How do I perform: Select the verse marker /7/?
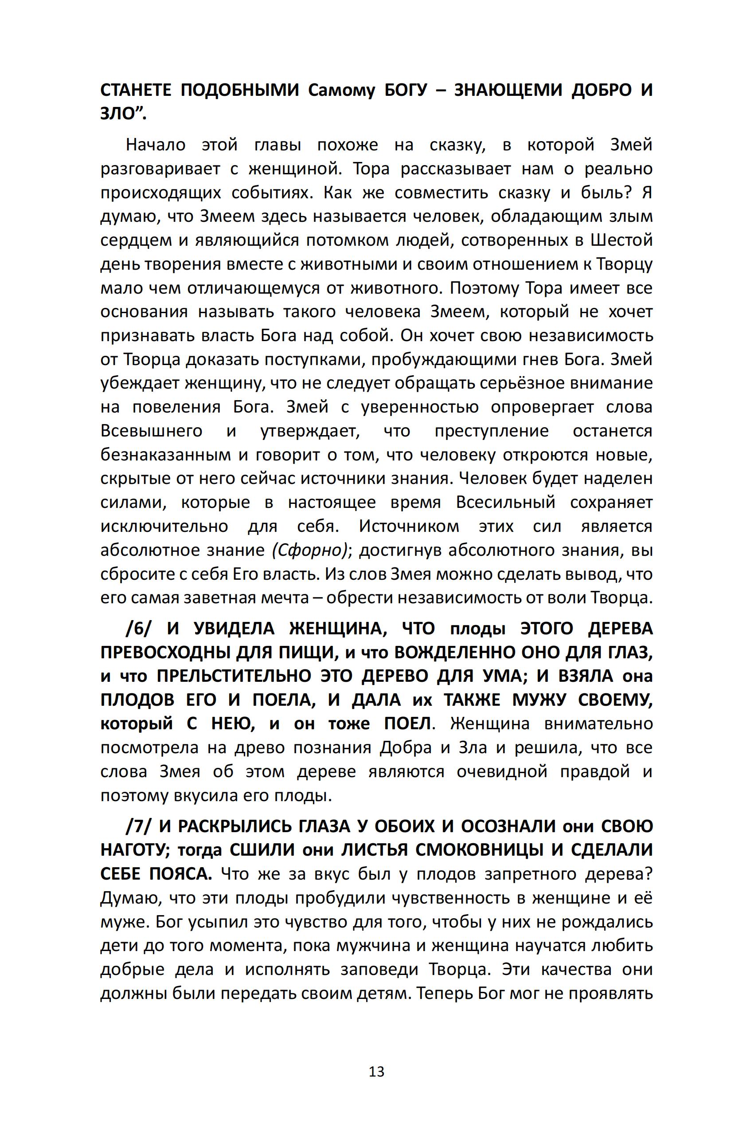coord(138,826)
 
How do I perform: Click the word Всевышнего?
coord(152,431)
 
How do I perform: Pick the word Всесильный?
coord(505,502)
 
